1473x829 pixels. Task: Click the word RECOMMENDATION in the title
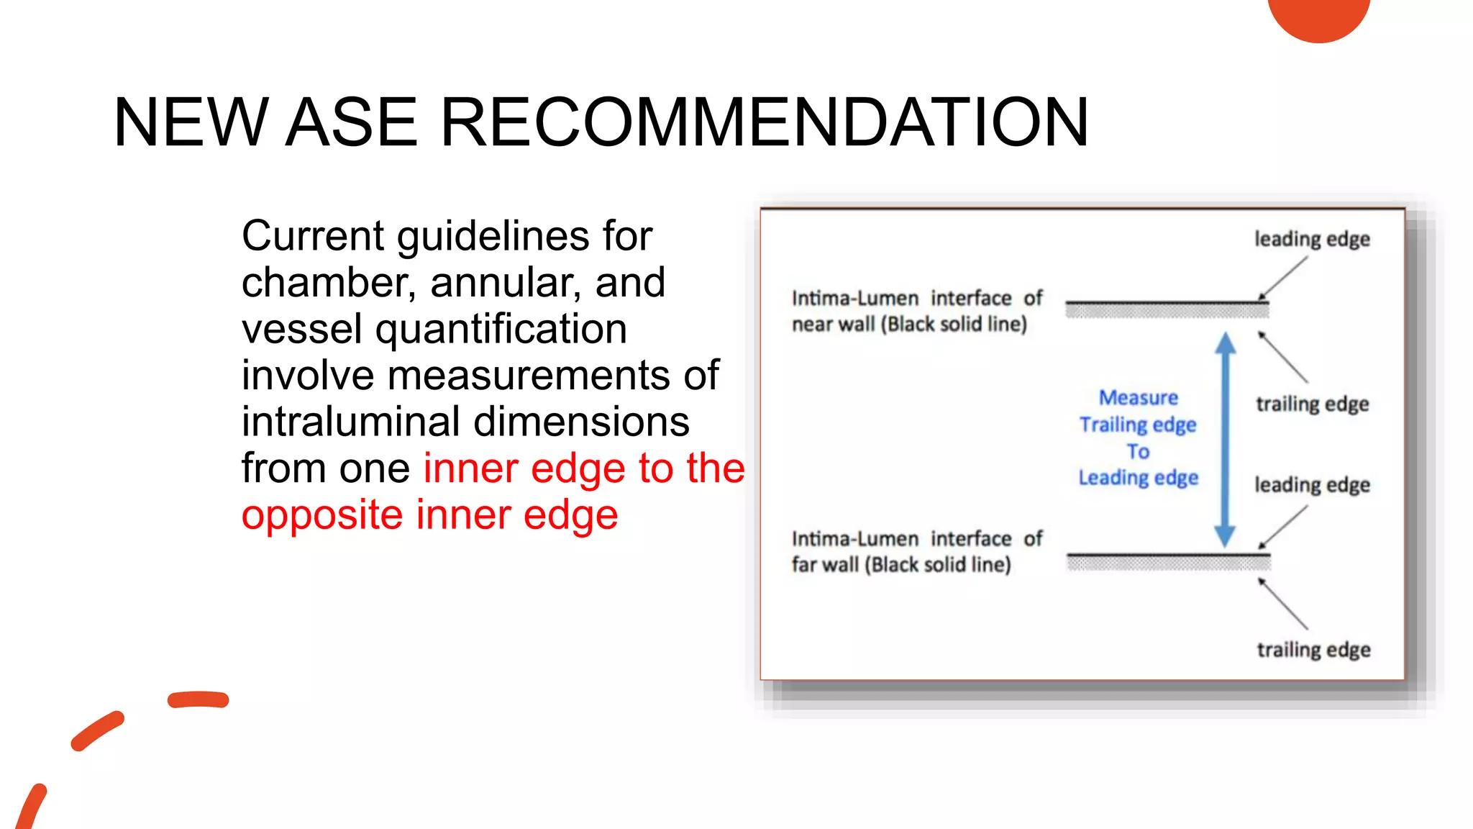point(765,122)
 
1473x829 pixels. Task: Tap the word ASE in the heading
point(351,122)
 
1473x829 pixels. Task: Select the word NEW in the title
point(191,122)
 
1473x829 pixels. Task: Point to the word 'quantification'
point(501,329)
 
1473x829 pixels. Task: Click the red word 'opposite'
point(321,515)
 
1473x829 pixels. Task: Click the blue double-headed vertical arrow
point(1225,439)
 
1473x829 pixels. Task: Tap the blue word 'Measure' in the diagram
point(1138,397)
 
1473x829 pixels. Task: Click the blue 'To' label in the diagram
point(1138,451)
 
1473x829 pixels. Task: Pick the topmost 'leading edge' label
point(1312,239)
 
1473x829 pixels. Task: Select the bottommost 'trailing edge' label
point(1313,650)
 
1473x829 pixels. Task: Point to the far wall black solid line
point(1168,556)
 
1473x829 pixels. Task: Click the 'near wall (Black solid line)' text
point(909,325)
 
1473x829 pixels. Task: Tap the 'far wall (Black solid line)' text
point(901,565)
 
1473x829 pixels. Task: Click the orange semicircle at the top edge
point(1318,17)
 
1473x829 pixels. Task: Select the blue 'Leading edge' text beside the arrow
point(1138,478)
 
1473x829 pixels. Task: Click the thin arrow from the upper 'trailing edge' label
point(1282,356)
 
